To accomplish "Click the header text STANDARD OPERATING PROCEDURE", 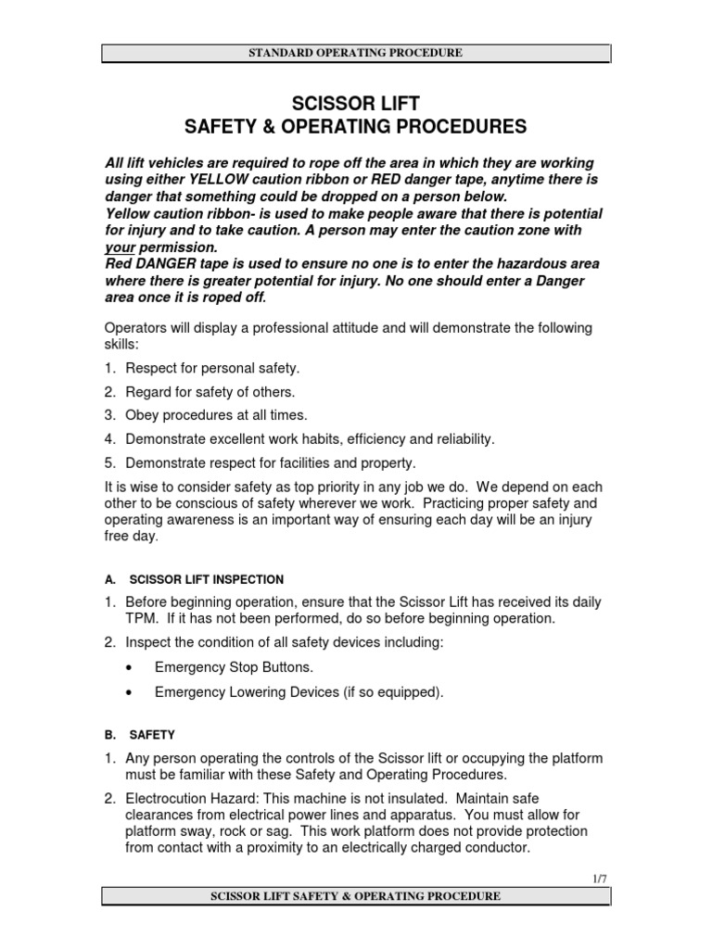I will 356,53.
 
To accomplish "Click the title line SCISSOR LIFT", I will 356,103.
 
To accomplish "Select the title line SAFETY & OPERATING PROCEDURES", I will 356,126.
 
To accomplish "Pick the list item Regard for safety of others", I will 211,391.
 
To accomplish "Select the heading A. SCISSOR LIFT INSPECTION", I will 194,579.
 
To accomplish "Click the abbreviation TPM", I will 140,618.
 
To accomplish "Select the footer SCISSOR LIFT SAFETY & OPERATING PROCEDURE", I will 356,896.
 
